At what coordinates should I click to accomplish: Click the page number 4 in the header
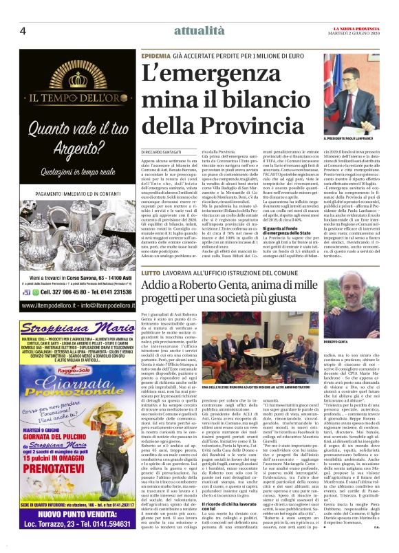(x=23, y=31)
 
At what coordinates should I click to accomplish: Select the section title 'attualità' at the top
(x=199, y=32)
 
